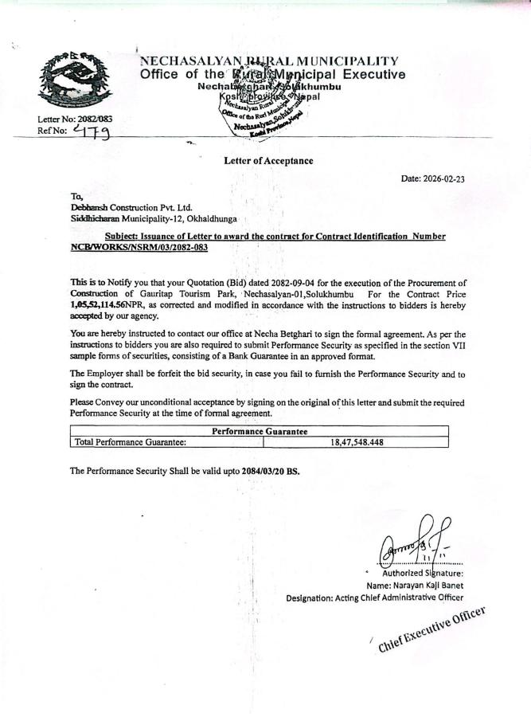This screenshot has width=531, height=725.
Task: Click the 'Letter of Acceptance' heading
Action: click(268, 161)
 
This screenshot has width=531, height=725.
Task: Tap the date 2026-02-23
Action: click(433, 179)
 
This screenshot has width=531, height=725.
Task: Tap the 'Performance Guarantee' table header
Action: click(260, 431)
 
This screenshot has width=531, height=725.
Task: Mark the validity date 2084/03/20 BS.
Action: click(271, 471)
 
